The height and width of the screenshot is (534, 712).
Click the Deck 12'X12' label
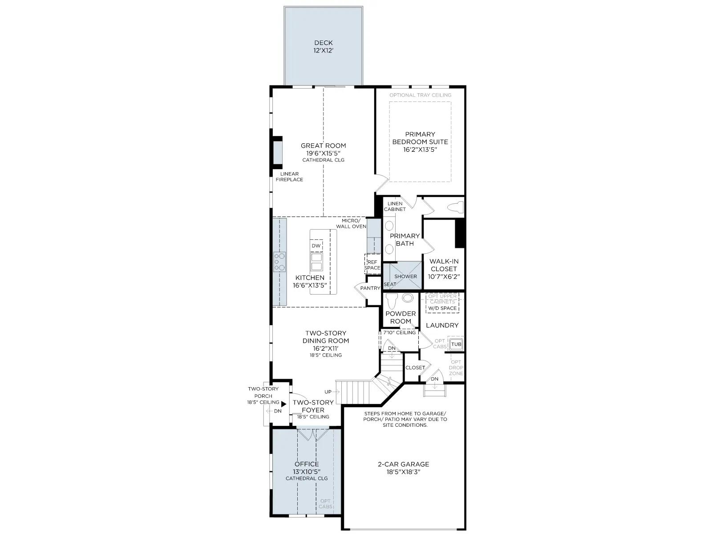324,46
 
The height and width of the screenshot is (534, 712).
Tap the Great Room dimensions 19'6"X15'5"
323,153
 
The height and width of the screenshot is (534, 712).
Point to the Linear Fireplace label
289,177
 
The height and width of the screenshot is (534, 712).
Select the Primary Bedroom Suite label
420,138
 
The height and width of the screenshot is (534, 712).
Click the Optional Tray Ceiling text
421,95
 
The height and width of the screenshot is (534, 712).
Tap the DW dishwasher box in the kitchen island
316,246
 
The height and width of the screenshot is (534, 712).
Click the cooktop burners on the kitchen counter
279,262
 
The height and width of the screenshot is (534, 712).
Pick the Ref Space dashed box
372,265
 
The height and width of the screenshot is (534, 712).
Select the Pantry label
370,288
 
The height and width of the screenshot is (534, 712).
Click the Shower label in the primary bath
405,276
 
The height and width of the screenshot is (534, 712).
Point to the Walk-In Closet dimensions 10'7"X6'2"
444,276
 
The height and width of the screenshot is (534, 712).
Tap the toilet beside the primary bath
455,207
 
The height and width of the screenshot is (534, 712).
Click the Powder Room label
400,317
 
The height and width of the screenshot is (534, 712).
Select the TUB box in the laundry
456,344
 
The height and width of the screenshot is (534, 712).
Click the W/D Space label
442,308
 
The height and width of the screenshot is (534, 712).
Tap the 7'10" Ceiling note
399,332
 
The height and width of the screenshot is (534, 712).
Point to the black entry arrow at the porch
283,404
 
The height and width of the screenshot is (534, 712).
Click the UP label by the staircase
328,392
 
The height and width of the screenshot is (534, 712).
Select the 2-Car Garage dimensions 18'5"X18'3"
404,472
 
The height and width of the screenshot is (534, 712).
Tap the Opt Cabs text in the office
325,504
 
